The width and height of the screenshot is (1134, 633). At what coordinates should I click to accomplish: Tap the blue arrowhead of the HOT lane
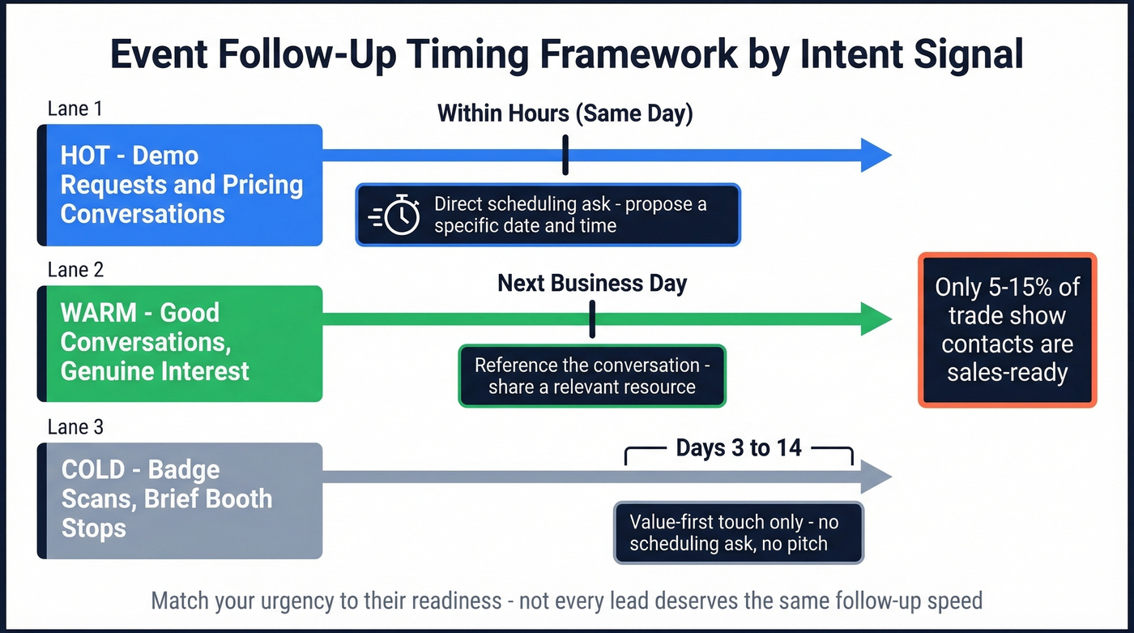point(875,155)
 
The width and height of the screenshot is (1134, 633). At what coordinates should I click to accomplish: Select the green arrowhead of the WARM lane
point(875,319)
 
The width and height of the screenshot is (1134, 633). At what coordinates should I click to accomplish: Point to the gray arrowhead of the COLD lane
point(875,477)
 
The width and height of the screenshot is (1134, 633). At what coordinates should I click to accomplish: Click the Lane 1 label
point(75,109)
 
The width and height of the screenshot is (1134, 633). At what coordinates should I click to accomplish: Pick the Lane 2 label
point(75,270)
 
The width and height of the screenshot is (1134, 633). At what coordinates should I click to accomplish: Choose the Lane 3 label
point(75,426)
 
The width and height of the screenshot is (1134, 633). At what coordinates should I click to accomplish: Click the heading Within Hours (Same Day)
point(565,113)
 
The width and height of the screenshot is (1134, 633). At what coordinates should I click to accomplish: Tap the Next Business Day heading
point(592,283)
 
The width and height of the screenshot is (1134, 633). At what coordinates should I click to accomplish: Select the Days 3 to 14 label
point(739,448)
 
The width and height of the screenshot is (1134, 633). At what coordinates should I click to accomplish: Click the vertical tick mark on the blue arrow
point(565,155)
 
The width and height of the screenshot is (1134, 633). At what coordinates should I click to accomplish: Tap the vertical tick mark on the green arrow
point(593,319)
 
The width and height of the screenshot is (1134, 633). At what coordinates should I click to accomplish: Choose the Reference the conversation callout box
point(592,375)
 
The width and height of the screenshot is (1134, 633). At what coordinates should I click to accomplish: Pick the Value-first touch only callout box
point(739,532)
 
